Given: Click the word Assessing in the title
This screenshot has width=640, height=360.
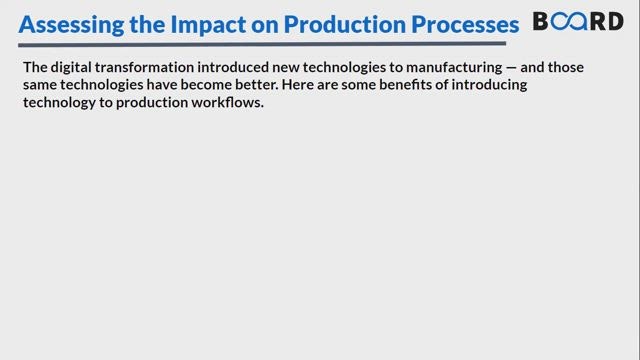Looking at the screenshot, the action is coord(71,24).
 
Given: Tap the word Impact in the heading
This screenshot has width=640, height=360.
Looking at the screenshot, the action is coord(207,24).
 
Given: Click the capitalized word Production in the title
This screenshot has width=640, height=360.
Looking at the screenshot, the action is coord(345,24).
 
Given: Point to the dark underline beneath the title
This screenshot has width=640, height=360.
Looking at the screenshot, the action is coord(262,44).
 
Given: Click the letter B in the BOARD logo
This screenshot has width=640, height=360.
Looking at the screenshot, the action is coord(541,21).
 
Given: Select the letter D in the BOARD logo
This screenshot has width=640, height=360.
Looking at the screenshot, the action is coord(616,21).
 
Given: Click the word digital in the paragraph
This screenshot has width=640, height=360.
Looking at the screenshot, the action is coord(71,68).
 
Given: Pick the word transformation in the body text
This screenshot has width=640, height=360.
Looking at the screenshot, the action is coord(145,67).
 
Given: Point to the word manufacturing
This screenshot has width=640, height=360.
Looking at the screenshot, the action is coord(454,68).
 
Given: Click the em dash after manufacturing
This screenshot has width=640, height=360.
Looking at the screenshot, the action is coord(511,68).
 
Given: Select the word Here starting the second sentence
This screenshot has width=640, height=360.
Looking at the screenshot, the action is coord(298,85).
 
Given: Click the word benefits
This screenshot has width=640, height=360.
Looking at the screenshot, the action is coord(405,85).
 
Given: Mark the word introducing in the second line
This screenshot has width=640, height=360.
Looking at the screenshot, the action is coord(489,85).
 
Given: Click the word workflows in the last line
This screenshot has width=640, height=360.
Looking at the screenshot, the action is coord(227,102).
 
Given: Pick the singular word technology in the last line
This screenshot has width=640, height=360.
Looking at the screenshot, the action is coord(59,103).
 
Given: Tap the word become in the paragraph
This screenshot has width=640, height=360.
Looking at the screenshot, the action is coord(206,85).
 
